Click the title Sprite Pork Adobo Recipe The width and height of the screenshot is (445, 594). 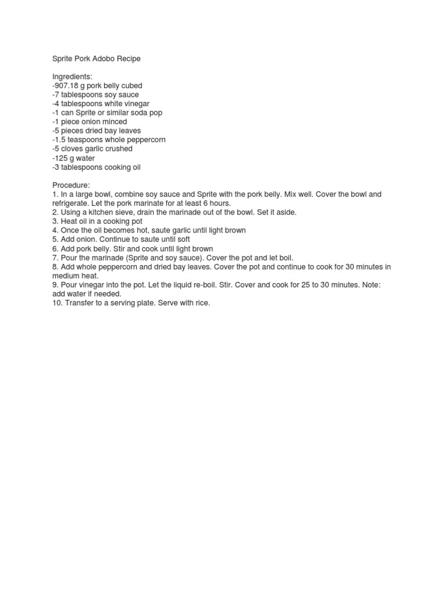[96, 59]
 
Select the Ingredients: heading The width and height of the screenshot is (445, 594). [72, 77]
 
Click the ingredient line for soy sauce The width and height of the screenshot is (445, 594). [96, 95]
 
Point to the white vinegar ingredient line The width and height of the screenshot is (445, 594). [100, 104]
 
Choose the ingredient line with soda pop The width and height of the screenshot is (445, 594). [108, 113]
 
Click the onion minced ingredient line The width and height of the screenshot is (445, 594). [89, 122]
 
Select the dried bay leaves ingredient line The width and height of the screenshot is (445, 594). [96, 131]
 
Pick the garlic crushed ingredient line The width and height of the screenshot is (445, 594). [92, 149]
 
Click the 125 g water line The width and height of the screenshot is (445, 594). [74, 158]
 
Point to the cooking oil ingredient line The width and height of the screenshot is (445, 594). [96, 168]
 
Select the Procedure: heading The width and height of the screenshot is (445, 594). [71, 186]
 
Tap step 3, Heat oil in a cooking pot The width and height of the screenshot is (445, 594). [97, 221]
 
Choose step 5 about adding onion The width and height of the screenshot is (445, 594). [121, 239]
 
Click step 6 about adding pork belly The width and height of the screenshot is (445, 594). [133, 248]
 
